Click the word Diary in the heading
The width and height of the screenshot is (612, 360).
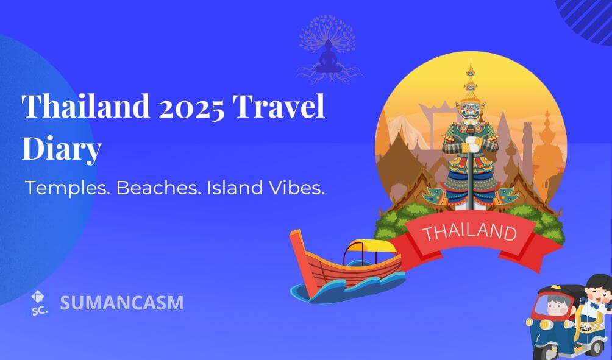click(x=62, y=149)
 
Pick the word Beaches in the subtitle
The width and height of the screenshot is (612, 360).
click(x=158, y=188)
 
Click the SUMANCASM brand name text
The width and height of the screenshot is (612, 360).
click(x=122, y=303)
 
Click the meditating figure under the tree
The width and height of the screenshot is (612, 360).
click(x=328, y=58)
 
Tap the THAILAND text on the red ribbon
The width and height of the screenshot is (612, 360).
click(x=469, y=231)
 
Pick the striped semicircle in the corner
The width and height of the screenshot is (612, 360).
click(x=585, y=20)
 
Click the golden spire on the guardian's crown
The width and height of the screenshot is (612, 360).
click(x=471, y=80)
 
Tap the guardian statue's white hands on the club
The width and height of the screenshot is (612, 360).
click(x=472, y=144)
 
